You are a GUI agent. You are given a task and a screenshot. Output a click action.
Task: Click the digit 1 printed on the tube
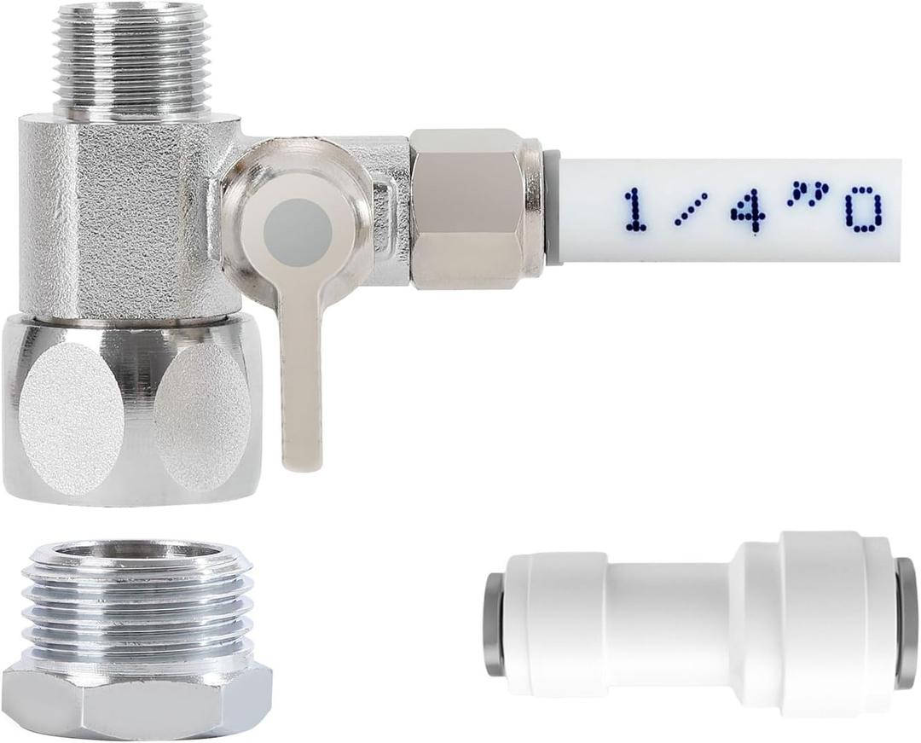[x=634, y=210]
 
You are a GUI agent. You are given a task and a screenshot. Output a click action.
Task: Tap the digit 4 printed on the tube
[x=747, y=210]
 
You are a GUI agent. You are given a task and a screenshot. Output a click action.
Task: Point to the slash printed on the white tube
[x=691, y=210]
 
